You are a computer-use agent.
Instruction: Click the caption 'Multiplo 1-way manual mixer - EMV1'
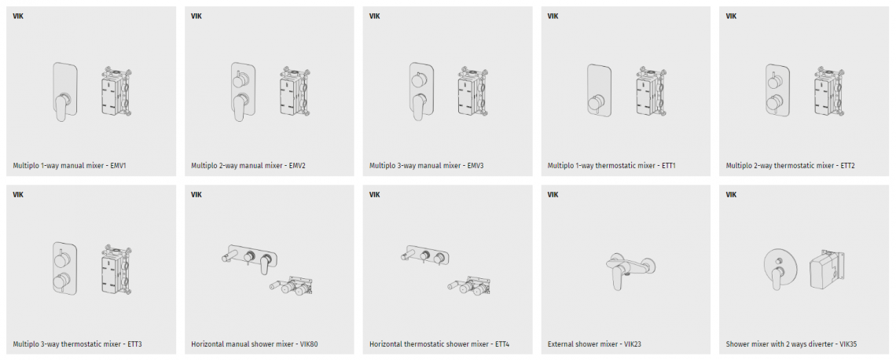(x=69, y=167)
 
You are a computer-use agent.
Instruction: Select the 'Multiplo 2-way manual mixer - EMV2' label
(x=248, y=167)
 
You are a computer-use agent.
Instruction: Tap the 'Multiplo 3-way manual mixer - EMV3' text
(x=427, y=167)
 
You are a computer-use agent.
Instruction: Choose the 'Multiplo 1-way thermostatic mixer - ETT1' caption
(x=612, y=167)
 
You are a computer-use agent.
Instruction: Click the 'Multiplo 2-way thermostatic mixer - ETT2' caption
(x=790, y=167)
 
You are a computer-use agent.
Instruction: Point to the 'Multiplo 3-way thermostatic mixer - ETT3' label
(x=78, y=344)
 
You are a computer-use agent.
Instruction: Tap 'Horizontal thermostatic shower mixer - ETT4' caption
(x=439, y=344)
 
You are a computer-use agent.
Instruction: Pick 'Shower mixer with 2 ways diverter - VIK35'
(x=791, y=344)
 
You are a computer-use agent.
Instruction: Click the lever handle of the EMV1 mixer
(x=62, y=106)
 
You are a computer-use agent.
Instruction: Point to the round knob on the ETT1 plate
(x=596, y=105)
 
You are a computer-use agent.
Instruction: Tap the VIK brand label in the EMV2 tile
(x=196, y=16)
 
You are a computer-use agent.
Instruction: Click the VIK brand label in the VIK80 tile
(x=196, y=194)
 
